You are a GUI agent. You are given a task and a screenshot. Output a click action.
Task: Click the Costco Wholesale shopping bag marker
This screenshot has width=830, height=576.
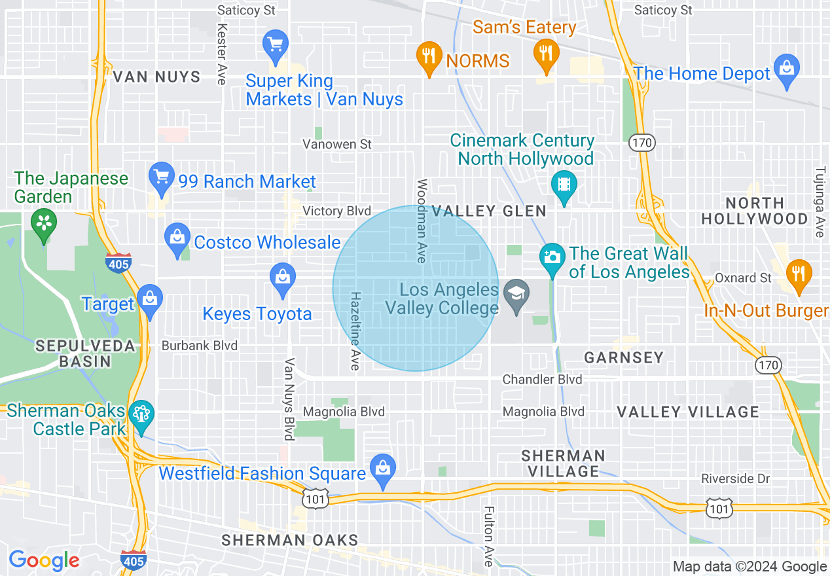[x=177, y=238]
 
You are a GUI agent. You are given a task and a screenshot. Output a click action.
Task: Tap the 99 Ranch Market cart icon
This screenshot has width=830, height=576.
[x=161, y=177]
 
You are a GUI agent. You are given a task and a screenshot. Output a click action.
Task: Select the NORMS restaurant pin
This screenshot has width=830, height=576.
[x=429, y=56]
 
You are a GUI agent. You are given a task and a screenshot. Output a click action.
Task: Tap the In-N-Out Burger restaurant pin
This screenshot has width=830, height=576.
[x=798, y=274]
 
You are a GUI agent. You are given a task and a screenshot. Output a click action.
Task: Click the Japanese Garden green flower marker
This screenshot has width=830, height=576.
[x=44, y=225]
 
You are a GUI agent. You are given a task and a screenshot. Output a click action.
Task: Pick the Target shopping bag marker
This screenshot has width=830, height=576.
[x=151, y=300]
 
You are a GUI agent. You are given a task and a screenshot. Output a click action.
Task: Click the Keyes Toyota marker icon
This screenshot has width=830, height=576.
[x=283, y=278]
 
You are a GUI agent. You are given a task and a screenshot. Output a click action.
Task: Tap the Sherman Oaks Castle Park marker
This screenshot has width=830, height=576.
[x=141, y=416]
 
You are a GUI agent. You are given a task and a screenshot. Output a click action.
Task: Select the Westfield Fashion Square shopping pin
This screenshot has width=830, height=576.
[x=383, y=469]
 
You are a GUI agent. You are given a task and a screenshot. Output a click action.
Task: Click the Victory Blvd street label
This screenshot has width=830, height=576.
[x=337, y=211]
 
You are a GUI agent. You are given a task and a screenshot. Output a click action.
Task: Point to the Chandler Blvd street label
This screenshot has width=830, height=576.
[x=542, y=380]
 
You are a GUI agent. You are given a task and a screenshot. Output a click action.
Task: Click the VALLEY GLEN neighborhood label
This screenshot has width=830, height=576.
[x=489, y=210]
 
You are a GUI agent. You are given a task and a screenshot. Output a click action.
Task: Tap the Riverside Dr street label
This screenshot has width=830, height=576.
[x=735, y=479]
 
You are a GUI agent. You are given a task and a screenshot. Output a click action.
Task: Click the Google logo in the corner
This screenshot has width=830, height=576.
[x=44, y=560]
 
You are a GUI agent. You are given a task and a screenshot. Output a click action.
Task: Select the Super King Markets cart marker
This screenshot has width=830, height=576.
[x=276, y=46]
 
